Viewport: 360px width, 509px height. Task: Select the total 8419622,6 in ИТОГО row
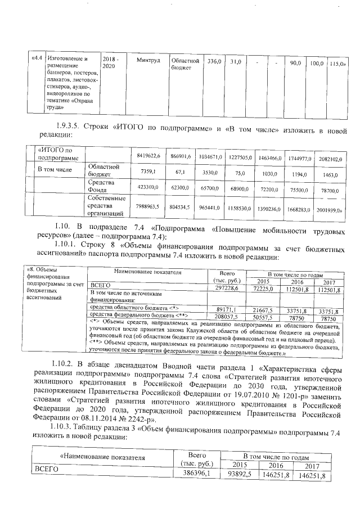[149, 155]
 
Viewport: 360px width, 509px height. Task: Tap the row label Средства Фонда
[101, 186]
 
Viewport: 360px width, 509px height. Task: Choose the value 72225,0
[261, 289]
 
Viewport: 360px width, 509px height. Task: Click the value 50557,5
[261, 317]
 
